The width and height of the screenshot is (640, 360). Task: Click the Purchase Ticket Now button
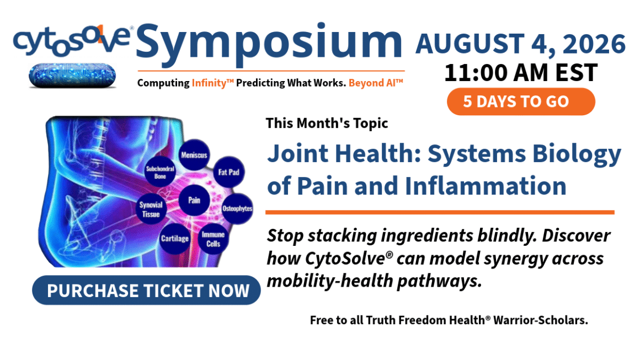coord(146,290)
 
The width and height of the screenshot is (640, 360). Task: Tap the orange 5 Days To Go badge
coord(521,101)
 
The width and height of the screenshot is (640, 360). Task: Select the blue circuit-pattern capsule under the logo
coord(72,76)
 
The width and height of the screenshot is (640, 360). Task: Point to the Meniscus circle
coord(194,155)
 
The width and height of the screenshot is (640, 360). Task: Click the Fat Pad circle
coord(228,172)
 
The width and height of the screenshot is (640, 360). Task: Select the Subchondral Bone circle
coord(160,172)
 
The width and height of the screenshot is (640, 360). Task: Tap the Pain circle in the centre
coord(194,200)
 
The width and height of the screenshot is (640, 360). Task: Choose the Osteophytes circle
coord(237,208)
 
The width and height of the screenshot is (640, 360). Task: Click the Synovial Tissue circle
coord(151,209)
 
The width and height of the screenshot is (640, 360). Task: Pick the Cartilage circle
coord(175,239)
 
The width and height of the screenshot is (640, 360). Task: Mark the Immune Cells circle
coord(213,239)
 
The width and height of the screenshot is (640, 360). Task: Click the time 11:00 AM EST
coord(521,73)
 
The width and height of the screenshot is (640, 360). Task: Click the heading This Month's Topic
coord(327,123)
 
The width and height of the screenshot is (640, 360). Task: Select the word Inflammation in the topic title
coord(486,186)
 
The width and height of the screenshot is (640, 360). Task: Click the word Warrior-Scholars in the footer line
coord(540,320)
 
